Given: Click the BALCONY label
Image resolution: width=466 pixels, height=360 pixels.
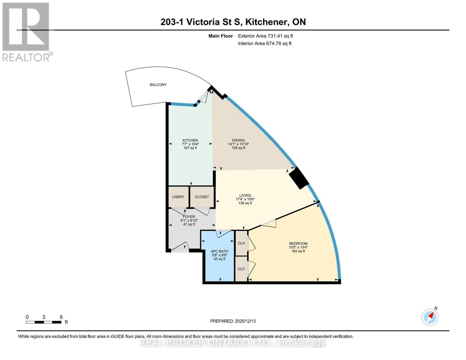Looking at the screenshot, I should click(158, 85).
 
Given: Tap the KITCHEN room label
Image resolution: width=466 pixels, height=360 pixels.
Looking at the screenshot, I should click(190, 140).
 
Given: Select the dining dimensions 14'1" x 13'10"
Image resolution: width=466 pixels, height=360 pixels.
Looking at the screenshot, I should click(238, 144).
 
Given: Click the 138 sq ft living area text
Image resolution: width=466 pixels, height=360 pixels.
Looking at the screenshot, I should click(245, 203).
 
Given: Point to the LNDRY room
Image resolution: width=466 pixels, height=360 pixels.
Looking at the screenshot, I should click(178, 197).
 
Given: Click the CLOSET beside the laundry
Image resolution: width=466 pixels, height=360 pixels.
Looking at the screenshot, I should click(202, 197).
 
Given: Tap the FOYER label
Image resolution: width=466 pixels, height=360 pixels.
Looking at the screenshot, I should click(189, 217).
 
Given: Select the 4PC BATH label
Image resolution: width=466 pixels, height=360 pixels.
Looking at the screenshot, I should click(219, 251).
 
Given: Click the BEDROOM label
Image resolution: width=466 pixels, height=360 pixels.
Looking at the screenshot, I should click(298, 244).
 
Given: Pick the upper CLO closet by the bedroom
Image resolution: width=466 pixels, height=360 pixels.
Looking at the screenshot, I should click(241, 243).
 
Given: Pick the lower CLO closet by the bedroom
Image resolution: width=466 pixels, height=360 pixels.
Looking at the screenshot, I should click(241, 269).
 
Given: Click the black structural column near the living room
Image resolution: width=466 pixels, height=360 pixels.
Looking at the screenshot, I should click(299, 178).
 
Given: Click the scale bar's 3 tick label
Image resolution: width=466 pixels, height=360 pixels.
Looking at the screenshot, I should click(44, 317).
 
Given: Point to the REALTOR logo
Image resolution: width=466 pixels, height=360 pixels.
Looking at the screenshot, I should click(26, 31).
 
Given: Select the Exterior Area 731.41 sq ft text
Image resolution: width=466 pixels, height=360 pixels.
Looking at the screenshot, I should click(265, 36).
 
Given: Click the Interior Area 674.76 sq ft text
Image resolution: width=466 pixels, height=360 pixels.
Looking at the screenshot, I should click(265, 43).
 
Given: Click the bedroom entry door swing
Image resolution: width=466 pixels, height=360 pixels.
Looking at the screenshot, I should click(269, 223).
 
